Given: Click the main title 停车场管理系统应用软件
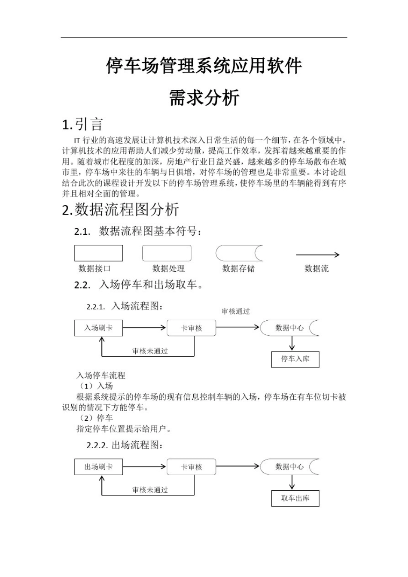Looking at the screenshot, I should pyautogui.click(x=204, y=66).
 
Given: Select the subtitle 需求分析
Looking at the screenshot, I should pyautogui.click(x=204, y=98).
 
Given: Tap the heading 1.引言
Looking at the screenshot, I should pyautogui.click(x=82, y=125).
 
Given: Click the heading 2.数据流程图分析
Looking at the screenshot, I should pyautogui.click(x=120, y=210).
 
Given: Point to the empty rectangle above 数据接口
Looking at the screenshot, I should pyautogui.click(x=98, y=253).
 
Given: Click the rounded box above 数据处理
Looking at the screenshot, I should pyautogui.click(x=167, y=253).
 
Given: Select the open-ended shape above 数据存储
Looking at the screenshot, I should pyautogui.click(x=239, y=253).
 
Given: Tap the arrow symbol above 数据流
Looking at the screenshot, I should pyautogui.click(x=317, y=255).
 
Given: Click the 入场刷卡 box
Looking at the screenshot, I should pyautogui.click(x=98, y=328).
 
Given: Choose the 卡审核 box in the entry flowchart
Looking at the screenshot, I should pyautogui.click(x=191, y=328).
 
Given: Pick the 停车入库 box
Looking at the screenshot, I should pyautogui.click(x=295, y=359).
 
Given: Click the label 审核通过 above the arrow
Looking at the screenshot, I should pyautogui.click(x=235, y=312).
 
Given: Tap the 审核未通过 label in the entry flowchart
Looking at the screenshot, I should pyautogui.click(x=150, y=351).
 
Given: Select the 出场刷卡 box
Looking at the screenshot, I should pyautogui.click(x=98, y=467).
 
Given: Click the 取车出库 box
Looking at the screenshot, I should pyautogui.click(x=295, y=498).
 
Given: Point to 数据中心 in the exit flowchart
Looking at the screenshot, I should pyautogui.click(x=289, y=467).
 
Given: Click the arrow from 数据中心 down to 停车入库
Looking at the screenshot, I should pyautogui.click(x=292, y=343).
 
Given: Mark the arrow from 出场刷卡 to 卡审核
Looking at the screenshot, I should pyautogui.click(x=144, y=467).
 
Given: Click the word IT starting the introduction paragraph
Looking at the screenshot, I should pyautogui.click(x=77, y=140).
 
